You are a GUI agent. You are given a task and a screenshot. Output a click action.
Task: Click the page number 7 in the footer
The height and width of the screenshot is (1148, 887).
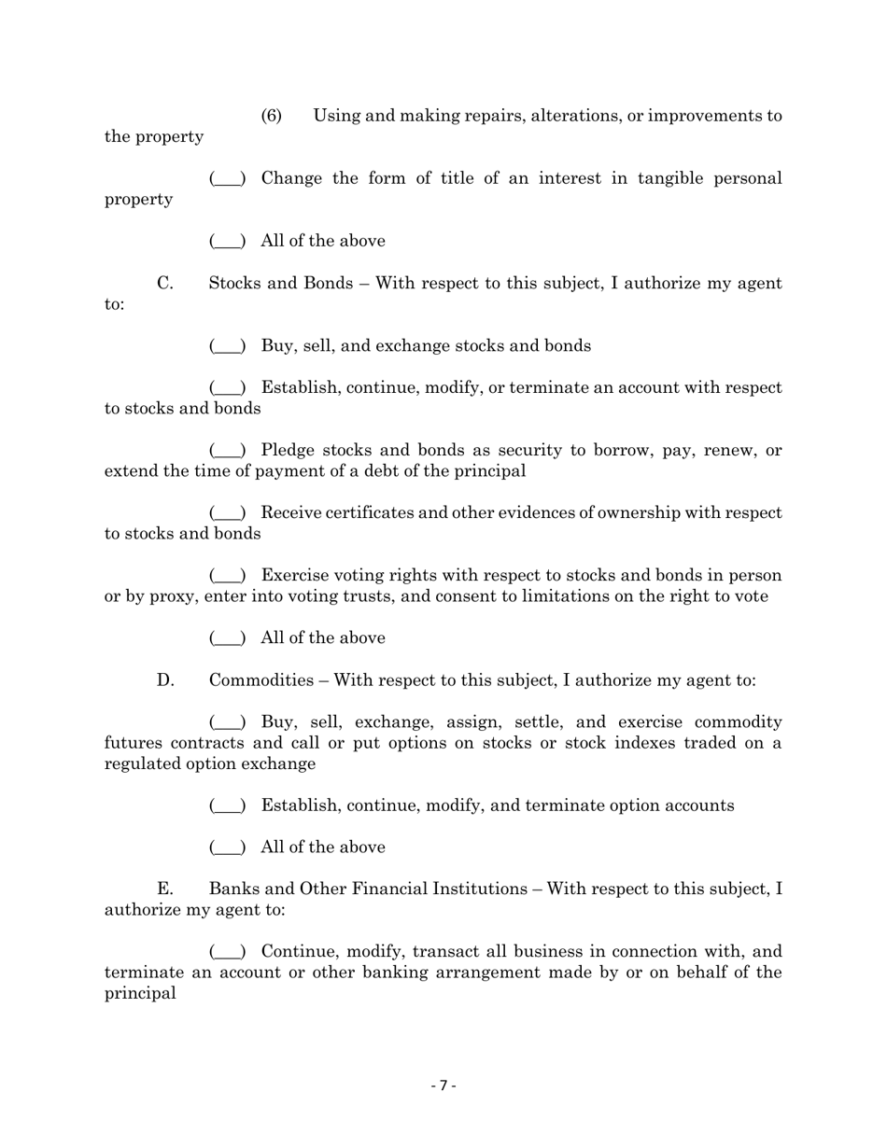(443, 1085)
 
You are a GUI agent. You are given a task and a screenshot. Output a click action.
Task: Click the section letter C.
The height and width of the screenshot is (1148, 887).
(164, 283)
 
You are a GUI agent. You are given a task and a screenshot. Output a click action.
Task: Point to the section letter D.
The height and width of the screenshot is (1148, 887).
(165, 679)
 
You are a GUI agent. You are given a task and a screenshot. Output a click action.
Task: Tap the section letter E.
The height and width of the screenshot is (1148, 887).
(164, 889)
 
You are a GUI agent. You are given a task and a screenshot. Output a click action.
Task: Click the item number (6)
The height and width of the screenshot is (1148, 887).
(271, 116)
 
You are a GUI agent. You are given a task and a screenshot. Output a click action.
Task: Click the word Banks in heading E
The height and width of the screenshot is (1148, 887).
(233, 889)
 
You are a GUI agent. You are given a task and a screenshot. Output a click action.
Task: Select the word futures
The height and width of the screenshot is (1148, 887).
(134, 743)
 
